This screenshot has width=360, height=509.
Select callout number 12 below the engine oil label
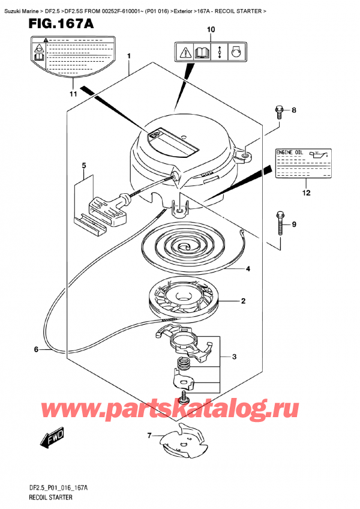(307, 193)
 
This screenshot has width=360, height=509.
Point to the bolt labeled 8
(280, 111)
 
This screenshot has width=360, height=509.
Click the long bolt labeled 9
(281, 224)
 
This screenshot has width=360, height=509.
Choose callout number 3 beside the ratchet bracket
(234, 357)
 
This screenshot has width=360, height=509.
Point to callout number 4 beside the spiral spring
(247, 269)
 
